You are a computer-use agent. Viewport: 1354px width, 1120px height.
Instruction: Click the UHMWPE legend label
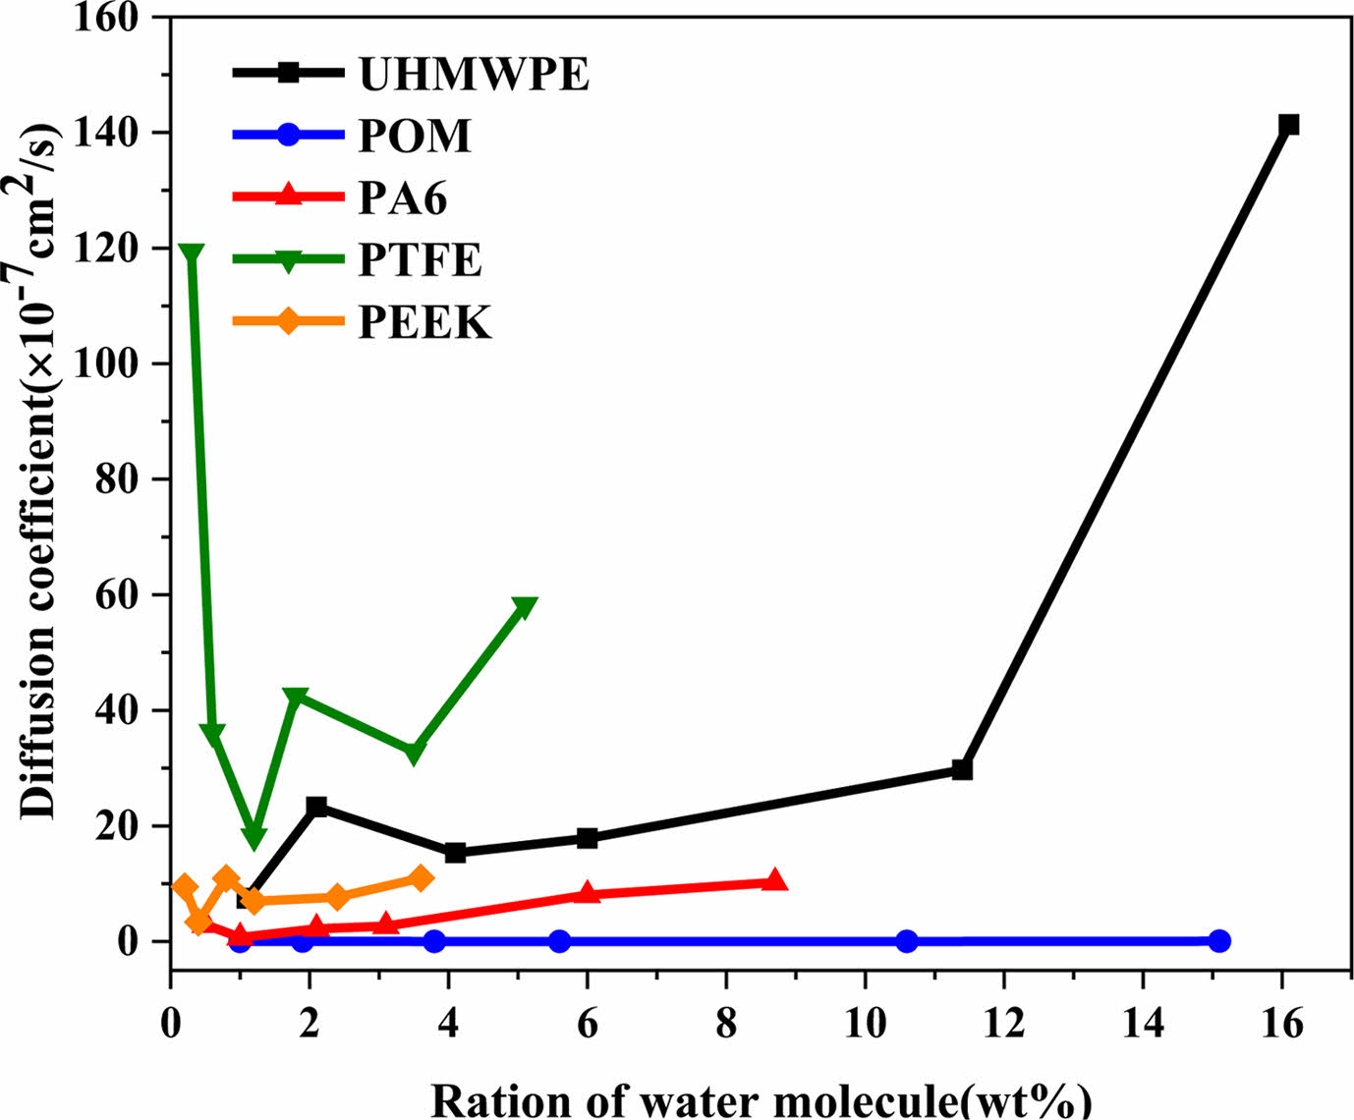474,74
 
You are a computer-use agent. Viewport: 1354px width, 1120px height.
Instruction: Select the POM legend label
415,136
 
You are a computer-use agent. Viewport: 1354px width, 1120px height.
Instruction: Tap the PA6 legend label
403,198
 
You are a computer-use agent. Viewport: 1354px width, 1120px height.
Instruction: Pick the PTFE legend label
420,260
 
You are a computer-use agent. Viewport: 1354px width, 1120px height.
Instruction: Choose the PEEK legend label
424,322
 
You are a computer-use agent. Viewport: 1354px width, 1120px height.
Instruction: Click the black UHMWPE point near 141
1288,125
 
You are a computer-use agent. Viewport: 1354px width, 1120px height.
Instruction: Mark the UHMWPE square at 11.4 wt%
962,770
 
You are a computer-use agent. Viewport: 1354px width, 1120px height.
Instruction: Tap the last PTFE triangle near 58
525,607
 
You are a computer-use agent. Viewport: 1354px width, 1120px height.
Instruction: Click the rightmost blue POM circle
1219,941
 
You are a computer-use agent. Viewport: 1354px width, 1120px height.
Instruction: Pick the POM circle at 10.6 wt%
907,941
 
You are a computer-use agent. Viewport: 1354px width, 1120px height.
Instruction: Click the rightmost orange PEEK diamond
421,878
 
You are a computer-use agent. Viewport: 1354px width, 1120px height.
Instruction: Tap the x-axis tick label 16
1281,1025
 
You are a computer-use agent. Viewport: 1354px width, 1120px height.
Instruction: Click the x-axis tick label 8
726,1025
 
